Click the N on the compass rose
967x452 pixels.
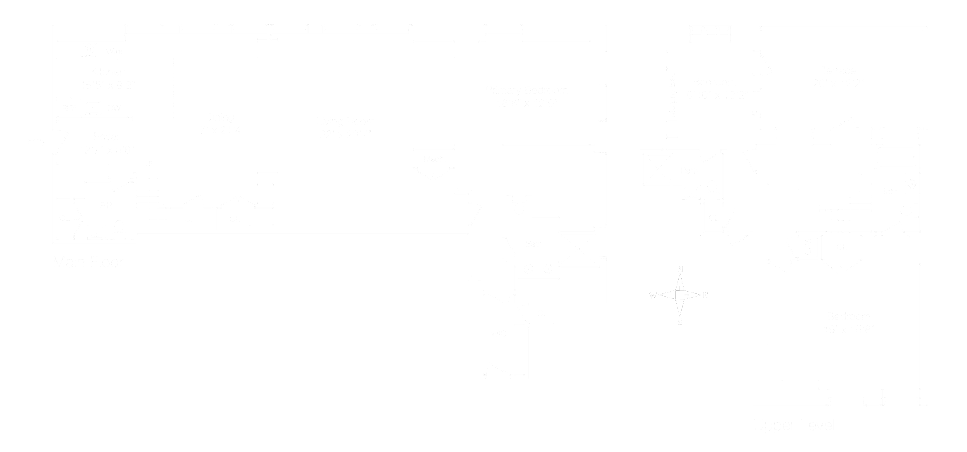pyautogui.click(x=680, y=269)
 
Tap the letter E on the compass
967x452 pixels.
pyautogui.click(x=705, y=295)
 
